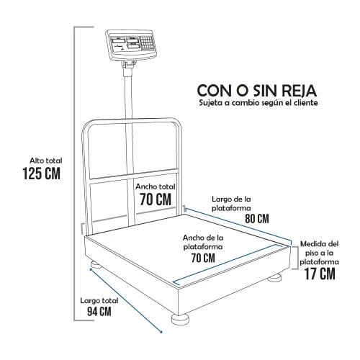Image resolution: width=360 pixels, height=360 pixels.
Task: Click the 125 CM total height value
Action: [41, 174]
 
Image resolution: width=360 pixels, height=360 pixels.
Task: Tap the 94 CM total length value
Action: [99, 312]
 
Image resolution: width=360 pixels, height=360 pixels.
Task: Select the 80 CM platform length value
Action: [257, 219]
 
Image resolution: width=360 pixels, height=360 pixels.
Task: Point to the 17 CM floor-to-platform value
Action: [320, 274]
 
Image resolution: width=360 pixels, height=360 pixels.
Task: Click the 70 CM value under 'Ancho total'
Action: [156, 199]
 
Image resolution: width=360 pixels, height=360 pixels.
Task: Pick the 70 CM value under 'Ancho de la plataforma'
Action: [203, 258]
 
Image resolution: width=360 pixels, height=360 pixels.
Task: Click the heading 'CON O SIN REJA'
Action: [257, 91]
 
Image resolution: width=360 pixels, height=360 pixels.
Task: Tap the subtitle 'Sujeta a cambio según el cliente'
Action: [258, 103]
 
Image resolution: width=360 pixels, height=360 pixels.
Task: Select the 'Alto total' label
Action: [46, 161]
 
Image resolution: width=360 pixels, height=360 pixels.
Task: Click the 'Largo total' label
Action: [99, 301]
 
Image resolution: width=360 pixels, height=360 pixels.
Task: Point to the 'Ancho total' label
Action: [156, 186]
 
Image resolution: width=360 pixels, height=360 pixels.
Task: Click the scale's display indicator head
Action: [131, 45]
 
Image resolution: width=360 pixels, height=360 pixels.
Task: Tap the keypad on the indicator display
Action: [147, 44]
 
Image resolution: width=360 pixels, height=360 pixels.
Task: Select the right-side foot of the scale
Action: [274, 278]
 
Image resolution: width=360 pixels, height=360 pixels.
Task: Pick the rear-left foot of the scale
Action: [96, 264]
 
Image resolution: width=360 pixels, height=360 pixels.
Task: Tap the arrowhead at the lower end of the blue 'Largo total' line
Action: [161, 332]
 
